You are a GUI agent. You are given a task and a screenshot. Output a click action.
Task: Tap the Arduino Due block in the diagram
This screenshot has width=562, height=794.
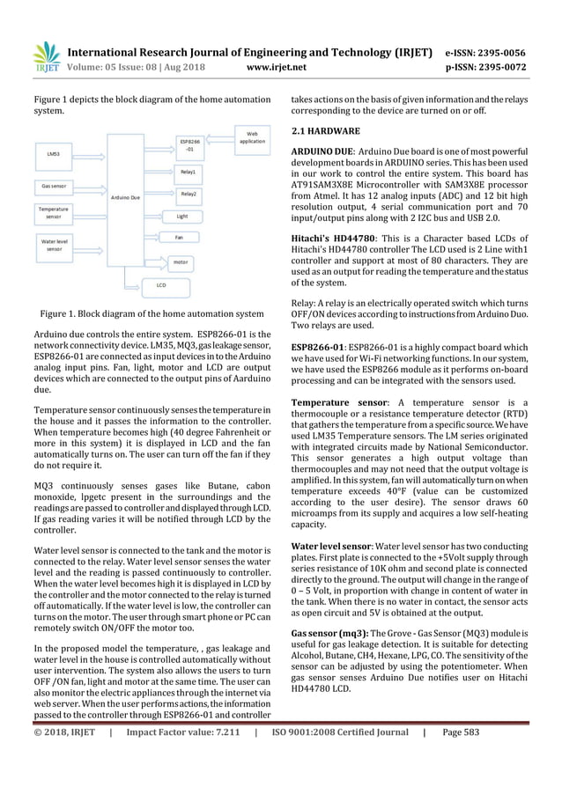click(125, 199)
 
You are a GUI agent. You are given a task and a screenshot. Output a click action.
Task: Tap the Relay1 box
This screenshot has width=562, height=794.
click(189, 172)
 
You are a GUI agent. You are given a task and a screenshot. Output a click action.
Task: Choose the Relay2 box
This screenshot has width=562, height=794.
click(189, 194)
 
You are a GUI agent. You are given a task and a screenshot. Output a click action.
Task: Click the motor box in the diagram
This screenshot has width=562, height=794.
click(181, 261)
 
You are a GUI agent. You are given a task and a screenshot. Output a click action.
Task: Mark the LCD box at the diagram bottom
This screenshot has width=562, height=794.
click(161, 284)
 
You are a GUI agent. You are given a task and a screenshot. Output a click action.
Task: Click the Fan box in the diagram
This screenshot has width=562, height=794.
click(178, 237)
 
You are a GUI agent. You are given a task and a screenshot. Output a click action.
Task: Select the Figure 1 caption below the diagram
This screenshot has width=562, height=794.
click(147, 313)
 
